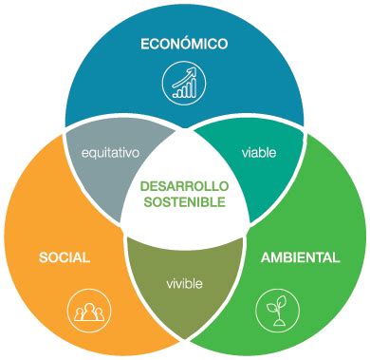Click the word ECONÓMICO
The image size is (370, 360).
[184, 44]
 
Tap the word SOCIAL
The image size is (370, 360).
[65, 258]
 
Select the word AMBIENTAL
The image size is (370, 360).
[299, 258]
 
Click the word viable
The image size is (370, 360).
[258, 152]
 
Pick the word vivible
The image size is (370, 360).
[185, 284]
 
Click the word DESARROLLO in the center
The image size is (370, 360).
[185, 186]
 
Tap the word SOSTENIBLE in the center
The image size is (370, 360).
[185, 201]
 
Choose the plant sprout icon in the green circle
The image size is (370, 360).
[275, 310]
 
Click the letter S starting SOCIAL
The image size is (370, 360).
[43, 258]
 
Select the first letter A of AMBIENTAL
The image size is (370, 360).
[263, 258]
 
